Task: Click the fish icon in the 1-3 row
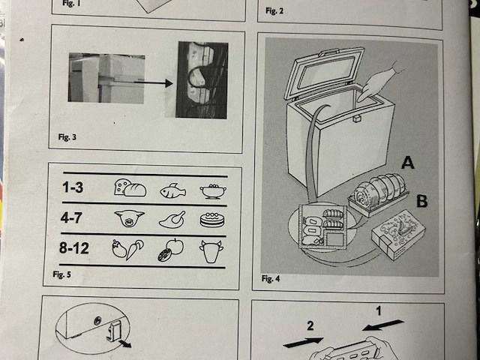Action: (173, 190)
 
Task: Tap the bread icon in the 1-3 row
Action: (130, 187)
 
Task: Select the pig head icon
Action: (129, 217)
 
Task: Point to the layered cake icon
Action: (212, 220)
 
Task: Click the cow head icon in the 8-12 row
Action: (211, 251)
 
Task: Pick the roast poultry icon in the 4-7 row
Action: (172, 220)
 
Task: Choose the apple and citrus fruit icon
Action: (171, 250)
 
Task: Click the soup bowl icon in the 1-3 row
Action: (213, 191)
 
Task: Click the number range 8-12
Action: (74, 247)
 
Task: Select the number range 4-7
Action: (71, 217)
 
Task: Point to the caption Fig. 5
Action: (61, 274)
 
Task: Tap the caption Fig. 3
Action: (67, 136)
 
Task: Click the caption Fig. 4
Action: (271, 278)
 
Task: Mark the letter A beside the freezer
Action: (408, 162)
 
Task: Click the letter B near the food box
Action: (421, 201)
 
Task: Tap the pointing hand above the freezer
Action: (379, 83)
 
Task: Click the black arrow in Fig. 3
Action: (154, 83)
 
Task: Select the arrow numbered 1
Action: (383, 325)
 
